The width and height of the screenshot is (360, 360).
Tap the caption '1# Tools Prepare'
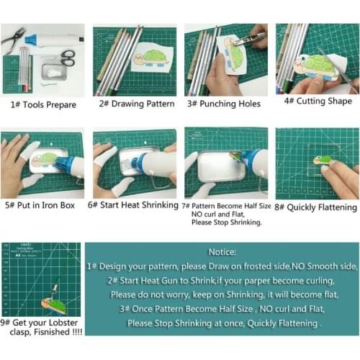pyautogui.click(x=42, y=104)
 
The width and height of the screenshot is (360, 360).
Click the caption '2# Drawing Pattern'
pyautogui.click(x=136, y=104)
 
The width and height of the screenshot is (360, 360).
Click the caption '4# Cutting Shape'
pyautogui.click(x=317, y=102)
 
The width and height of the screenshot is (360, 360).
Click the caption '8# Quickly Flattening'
pyautogui.click(x=317, y=207)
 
